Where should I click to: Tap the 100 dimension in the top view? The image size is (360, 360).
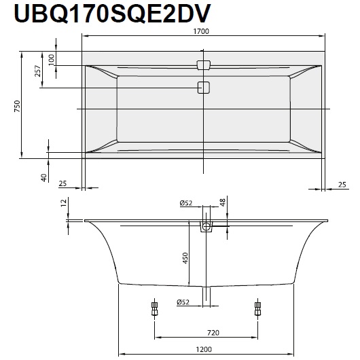click(x=52, y=58)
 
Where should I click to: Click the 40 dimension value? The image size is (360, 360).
click(x=43, y=177)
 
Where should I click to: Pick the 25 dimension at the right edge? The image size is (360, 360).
click(x=342, y=183)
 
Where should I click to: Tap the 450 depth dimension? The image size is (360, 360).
click(x=185, y=259)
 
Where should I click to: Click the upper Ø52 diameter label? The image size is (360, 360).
click(x=186, y=202)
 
